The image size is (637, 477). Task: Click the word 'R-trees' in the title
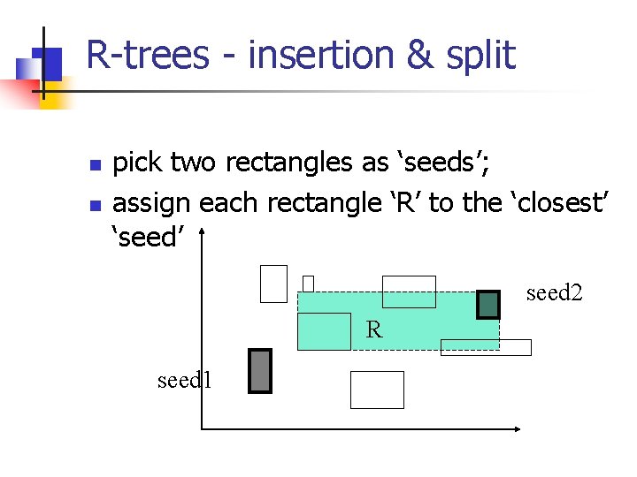point(148,56)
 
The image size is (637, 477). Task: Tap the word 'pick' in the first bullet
point(138,163)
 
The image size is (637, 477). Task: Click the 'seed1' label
point(184,380)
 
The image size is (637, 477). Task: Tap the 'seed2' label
point(555,292)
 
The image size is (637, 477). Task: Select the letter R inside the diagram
point(374,330)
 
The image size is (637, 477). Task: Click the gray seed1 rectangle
point(259,371)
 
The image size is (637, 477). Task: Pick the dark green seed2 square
point(488,304)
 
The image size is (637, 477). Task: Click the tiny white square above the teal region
point(308,284)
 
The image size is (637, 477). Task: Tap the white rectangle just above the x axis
point(377,390)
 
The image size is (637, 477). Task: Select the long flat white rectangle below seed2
point(486,347)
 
